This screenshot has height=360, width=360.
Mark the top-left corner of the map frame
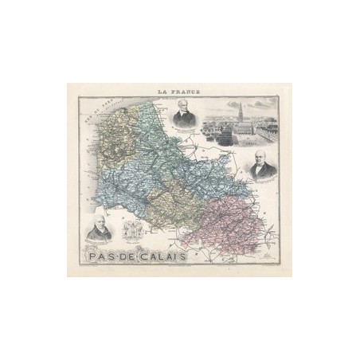point(76,96)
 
